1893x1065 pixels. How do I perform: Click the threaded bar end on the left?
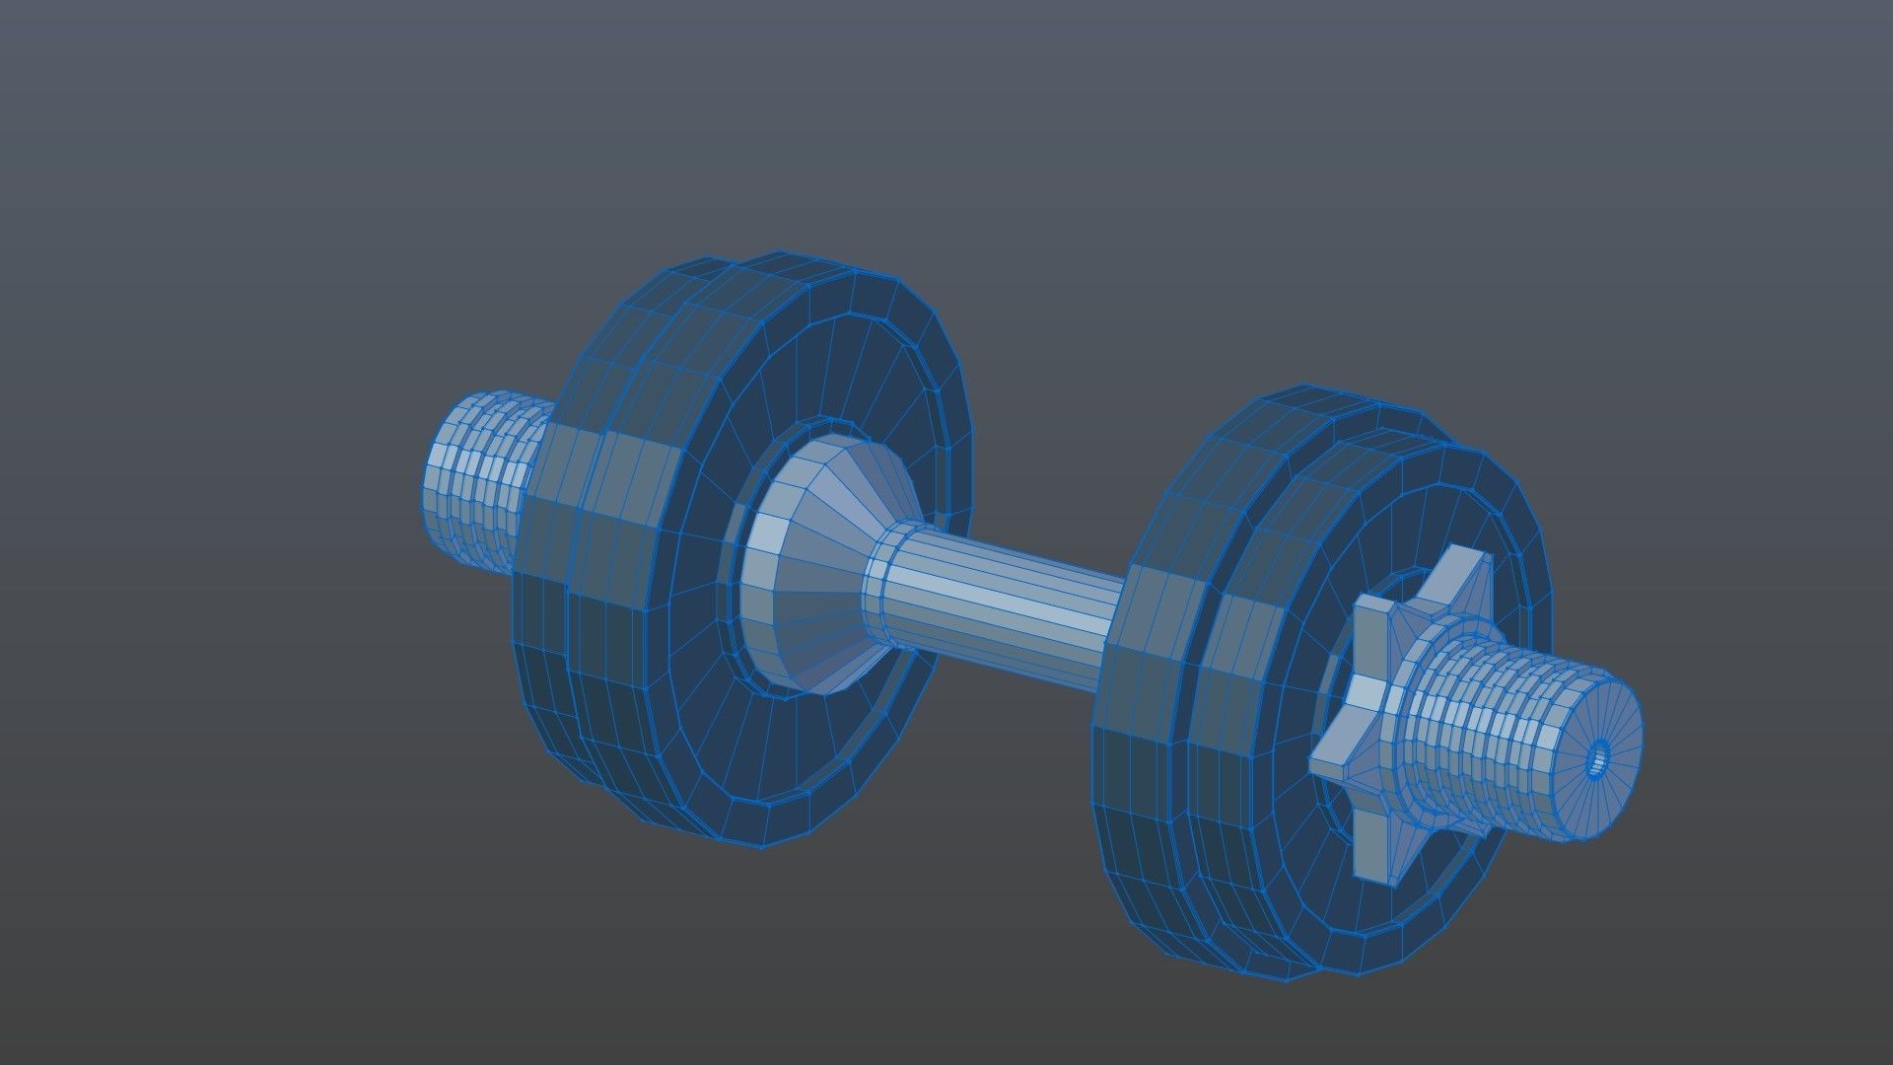478,483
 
